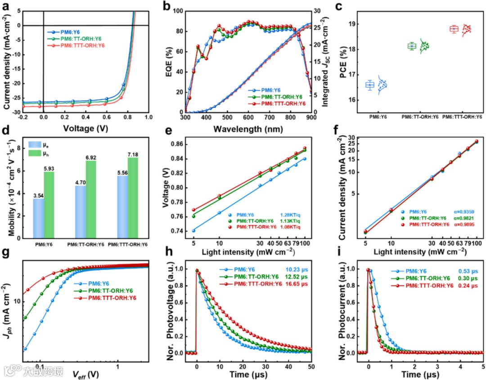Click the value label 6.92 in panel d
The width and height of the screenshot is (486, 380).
91,157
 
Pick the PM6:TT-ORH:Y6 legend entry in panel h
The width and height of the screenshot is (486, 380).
256,277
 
